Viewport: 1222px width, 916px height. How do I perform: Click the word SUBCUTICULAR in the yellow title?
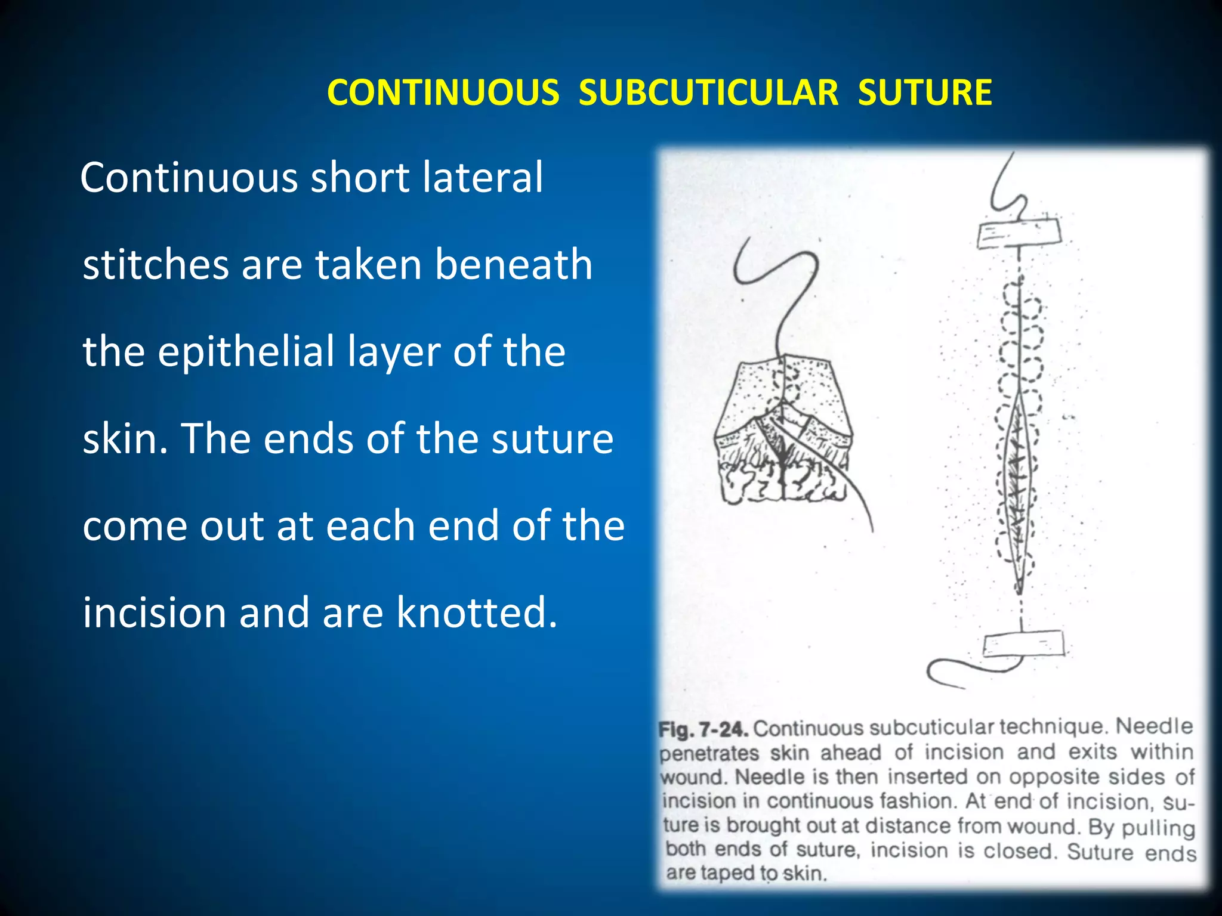(x=708, y=93)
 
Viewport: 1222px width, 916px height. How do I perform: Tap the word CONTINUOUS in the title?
(x=443, y=93)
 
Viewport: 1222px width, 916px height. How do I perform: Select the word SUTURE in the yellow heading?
(x=925, y=93)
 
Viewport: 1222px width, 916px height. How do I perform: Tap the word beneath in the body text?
(x=513, y=264)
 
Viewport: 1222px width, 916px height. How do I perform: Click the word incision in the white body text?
(x=154, y=612)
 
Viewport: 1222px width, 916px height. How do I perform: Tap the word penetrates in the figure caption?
(x=709, y=753)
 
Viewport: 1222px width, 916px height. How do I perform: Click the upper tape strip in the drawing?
(x=1019, y=233)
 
